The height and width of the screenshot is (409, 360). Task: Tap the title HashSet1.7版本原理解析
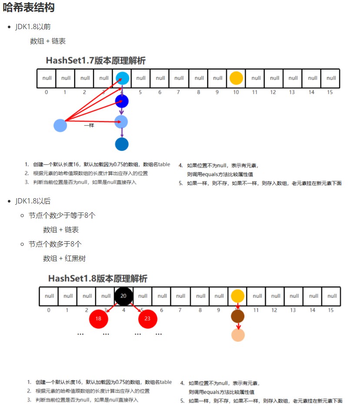click(96, 61)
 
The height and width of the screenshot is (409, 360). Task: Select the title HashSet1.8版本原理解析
click(98, 278)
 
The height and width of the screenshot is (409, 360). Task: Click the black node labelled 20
click(123, 296)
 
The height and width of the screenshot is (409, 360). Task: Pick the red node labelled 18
click(98, 319)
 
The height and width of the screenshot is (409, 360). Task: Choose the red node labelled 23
click(147, 319)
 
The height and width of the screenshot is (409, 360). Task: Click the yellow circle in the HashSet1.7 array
click(236, 78)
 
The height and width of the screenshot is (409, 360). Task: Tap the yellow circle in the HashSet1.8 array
click(237, 296)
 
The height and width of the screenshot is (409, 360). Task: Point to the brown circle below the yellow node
click(238, 316)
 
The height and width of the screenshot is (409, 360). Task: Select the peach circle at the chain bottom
click(238, 335)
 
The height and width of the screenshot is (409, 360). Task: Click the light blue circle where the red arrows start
click(60, 126)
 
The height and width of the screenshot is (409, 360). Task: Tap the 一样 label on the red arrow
click(89, 125)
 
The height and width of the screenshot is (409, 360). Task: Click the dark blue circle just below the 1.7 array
click(122, 101)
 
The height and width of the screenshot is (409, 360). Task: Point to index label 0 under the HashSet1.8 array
click(49, 310)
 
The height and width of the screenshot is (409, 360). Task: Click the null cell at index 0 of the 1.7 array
click(47, 78)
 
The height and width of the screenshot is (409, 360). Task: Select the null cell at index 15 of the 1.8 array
click(332, 296)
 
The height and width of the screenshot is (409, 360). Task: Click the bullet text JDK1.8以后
click(33, 201)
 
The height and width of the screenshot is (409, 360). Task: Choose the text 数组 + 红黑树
click(64, 258)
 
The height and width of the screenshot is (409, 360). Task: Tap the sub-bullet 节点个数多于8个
click(55, 244)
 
